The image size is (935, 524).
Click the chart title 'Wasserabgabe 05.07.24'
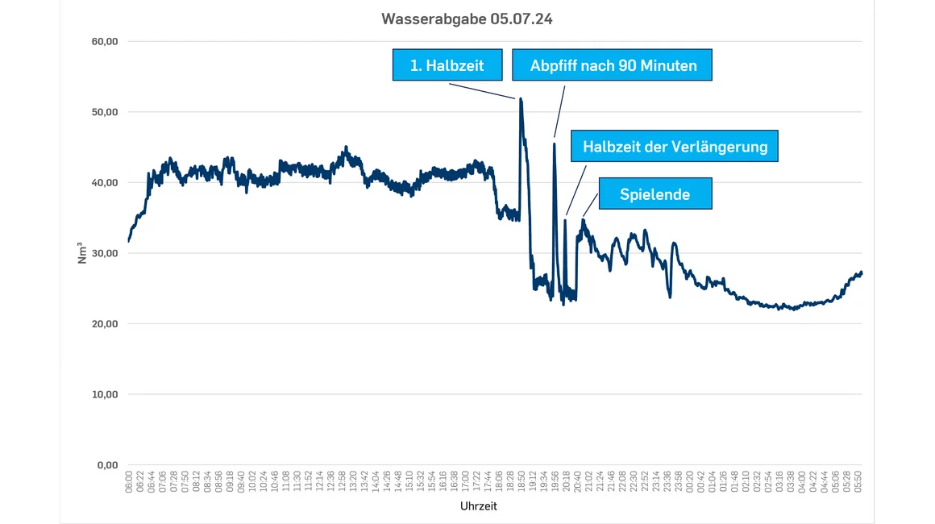(x=467, y=19)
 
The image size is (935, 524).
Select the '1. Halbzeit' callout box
(x=447, y=65)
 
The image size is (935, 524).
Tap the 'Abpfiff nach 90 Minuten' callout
(x=613, y=65)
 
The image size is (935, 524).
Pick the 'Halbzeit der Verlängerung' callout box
(x=675, y=147)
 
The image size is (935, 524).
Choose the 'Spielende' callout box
(x=654, y=194)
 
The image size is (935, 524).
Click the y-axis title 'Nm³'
(x=82, y=253)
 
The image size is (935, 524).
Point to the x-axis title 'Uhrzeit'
(x=479, y=506)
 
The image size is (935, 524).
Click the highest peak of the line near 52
(x=521, y=99)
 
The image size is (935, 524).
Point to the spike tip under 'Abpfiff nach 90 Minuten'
(x=554, y=144)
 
